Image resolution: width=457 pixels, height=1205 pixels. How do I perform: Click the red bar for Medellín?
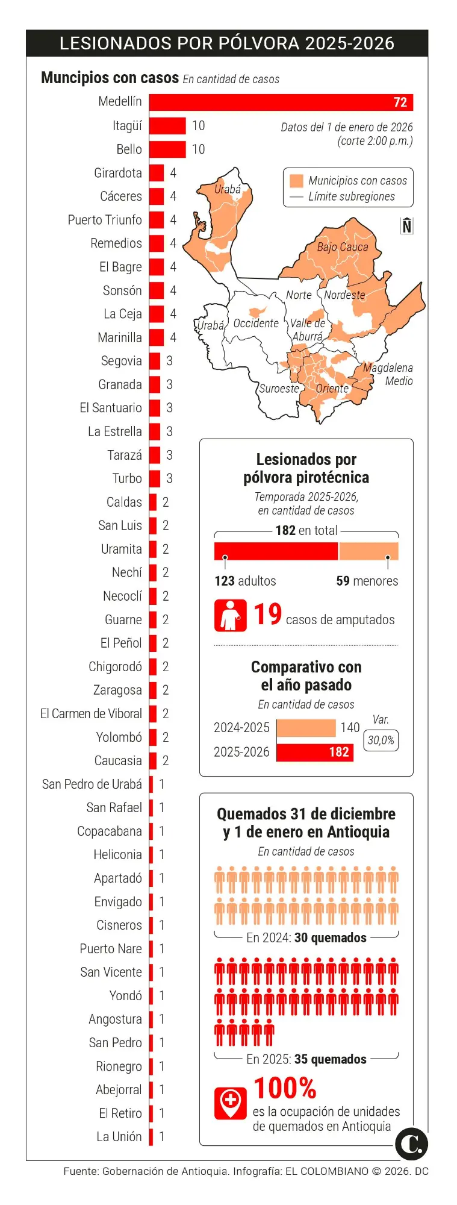[x=281, y=102]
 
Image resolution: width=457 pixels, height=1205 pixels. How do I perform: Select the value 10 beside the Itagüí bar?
[x=198, y=126]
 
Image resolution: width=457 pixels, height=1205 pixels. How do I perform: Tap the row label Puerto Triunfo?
[x=105, y=220]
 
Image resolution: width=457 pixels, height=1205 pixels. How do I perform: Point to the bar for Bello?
[x=167, y=149]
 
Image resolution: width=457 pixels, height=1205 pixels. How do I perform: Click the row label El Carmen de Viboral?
[x=91, y=714]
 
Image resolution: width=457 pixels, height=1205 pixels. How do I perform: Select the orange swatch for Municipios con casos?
[x=296, y=181]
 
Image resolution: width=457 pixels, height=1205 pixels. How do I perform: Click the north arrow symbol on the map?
[x=407, y=225]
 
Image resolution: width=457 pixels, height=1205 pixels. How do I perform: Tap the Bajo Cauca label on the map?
[x=342, y=247]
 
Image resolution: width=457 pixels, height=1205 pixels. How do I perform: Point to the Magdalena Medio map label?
[x=388, y=374]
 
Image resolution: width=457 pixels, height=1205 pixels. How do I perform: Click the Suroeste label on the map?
[x=279, y=389]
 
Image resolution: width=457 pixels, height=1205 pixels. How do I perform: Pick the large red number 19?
[x=267, y=615]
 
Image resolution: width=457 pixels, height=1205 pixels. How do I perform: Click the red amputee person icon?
[x=230, y=615]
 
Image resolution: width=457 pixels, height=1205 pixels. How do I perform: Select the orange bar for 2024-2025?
[x=306, y=728]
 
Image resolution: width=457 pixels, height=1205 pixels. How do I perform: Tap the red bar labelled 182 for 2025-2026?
[x=315, y=752]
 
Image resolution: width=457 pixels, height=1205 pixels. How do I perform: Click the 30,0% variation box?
[x=381, y=740]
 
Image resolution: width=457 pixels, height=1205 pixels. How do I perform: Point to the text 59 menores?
[x=367, y=581]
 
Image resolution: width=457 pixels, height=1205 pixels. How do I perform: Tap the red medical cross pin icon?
[x=230, y=1103]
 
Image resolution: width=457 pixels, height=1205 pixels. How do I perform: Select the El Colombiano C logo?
[x=412, y=1144]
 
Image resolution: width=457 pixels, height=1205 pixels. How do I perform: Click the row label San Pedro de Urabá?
[x=92, y=784]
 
